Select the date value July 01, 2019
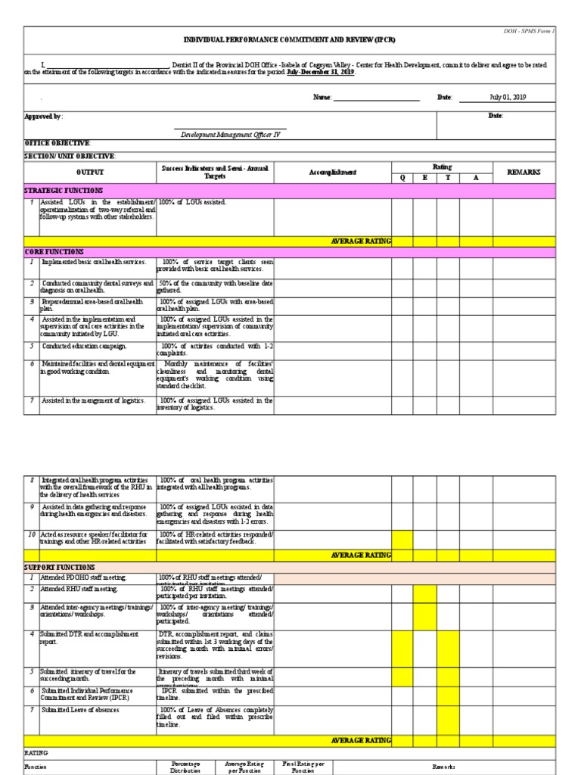(x=508, y=98)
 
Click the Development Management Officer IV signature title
(x=230, y=135)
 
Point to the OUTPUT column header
(x=90, y=173)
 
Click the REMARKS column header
(x=524, y=173)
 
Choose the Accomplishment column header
(x=332, y=173)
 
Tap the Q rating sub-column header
(x=402, y=179)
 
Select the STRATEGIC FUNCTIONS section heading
(x=64, y=191)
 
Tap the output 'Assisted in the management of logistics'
(x=93, y=400)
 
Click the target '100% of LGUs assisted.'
(x=194, y=202)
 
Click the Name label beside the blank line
(x=322, y=98)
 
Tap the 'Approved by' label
(x=43, y=116)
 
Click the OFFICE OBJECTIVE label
(x=57, y=143)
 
